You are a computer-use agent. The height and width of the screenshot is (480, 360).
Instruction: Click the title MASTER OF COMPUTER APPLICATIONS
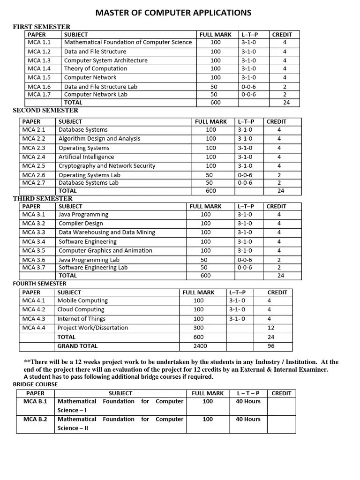pyautogui.click(x=173, y=13)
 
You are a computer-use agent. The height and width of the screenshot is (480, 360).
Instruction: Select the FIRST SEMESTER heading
pyautogui.click(x=42, y=27)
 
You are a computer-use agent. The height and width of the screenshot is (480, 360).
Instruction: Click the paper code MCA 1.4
pyautogui.click(x=39, y=68)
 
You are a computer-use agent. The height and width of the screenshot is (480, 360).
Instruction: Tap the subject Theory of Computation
pyautogui.click(x=95, y=68)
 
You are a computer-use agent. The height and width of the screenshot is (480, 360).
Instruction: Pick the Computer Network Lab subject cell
pyautogui.click(x=96, y=94)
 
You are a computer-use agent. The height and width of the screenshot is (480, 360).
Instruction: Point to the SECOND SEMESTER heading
pyautogui.click(x=45, y=111)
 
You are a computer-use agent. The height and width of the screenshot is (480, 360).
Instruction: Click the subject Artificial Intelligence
pyautogui.click(x=86, y=157)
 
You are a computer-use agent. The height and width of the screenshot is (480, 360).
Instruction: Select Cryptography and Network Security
pyautogui.click(x=106, y=165)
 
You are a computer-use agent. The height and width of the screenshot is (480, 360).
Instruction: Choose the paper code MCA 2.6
pyautogui.click(x=34, y=175)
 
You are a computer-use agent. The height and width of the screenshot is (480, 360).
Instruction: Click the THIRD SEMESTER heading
pyautogui.click(x=43, y=199)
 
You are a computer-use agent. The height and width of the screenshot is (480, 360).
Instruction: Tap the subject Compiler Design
pyautogui.click(x=81, y=224)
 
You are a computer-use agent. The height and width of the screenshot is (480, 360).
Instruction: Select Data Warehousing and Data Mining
pyautogui.click(x=106, y=232)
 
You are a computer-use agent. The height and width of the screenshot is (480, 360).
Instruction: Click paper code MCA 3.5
pyautogui.click(x=34, y=250)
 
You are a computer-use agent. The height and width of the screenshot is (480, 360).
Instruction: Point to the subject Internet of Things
pyautogui.click(x=81, y=319)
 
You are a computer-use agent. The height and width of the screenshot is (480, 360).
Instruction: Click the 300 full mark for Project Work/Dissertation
pyautogui.click(x=199, y=328)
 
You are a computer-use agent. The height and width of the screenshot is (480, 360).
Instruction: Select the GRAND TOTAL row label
pyautogui.click(x=77, y=346)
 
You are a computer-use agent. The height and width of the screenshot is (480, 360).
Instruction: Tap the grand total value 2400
pyautogui.click(x=200, y=346)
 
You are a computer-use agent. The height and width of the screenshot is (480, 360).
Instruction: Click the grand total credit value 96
pyautogui.click(x=271, y=346)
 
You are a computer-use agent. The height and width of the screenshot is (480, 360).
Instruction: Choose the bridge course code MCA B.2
pyautogui.click(x=36, y=419)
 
